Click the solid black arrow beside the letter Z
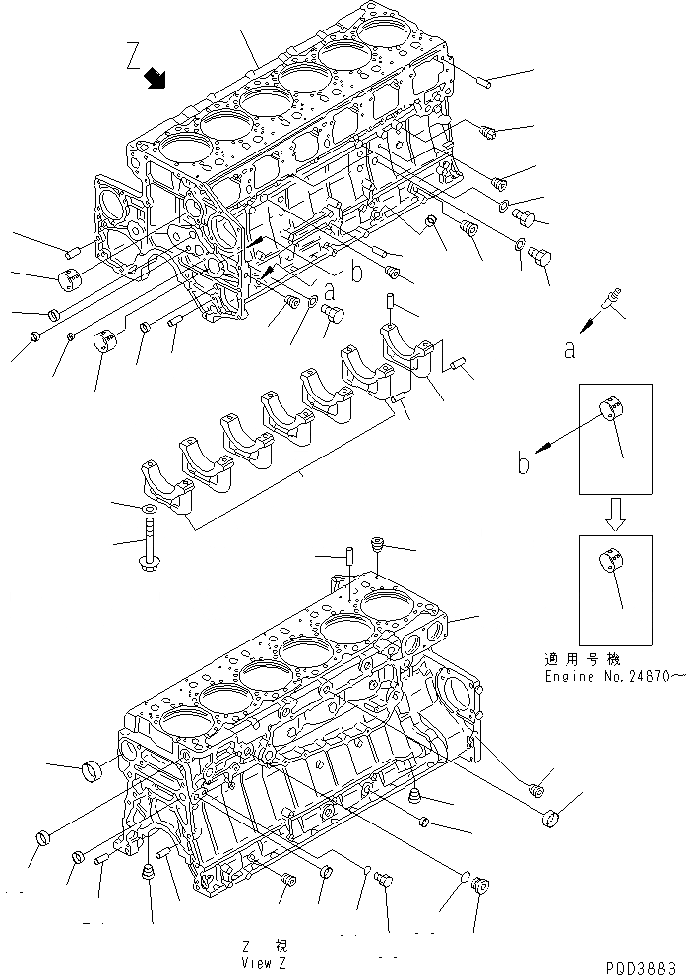pos(156,79)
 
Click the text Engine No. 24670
pos(611,676)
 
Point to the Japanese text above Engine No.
pos(591,659)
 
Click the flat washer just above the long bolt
pos(147,508)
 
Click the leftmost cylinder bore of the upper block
pos(180,150)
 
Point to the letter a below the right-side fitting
pos(570,350)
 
